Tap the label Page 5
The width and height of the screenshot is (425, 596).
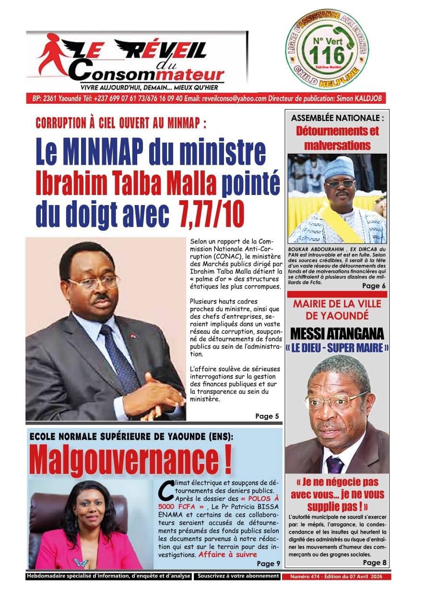tap(267, 416)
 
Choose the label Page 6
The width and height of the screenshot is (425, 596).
tap(374, 286)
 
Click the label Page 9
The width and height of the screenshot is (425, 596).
tap(268, 563)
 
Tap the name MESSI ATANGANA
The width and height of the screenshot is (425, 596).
tap(337, 333)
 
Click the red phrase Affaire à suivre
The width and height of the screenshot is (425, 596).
tap(225, 554)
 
